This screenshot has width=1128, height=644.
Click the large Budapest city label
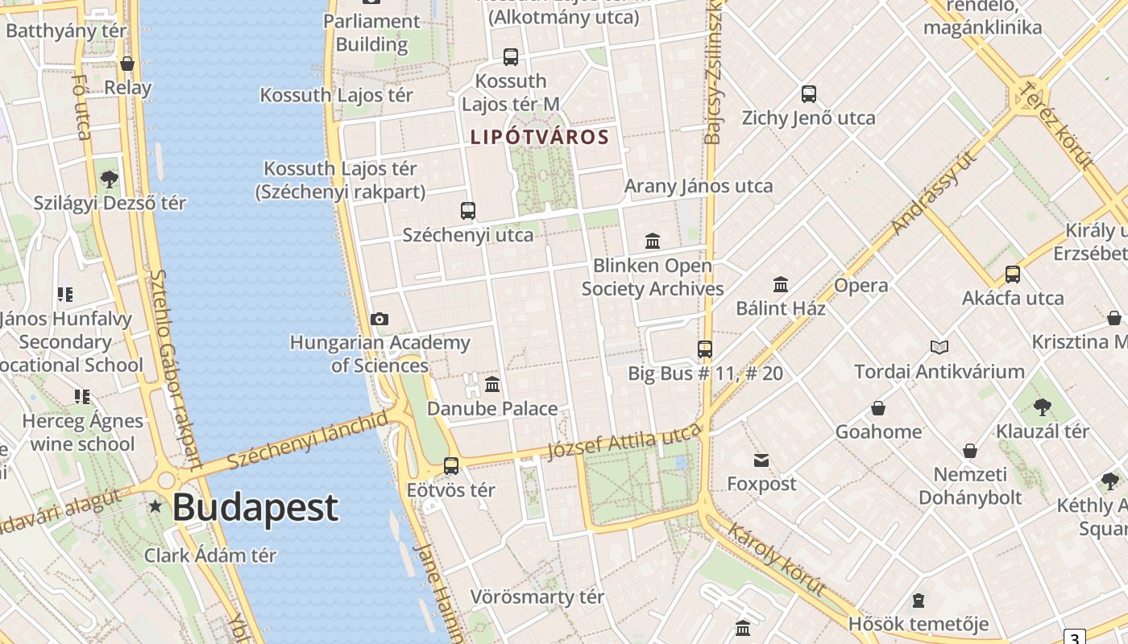[255, 508]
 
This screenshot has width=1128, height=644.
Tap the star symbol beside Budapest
[155, 506]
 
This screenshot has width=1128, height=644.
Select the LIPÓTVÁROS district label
[540, 137]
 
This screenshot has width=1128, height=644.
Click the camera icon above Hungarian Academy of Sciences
[379, 320]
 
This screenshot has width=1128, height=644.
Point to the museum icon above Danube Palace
[492, 384]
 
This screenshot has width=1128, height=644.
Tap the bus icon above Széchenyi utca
[468, 211]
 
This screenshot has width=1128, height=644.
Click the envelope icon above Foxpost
[761, 460]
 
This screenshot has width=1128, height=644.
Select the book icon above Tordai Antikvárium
[939, 348]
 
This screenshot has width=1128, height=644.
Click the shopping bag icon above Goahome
[878, 408]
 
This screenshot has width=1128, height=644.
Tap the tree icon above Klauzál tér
[1043, 407]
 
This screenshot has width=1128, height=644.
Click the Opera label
[861, 285]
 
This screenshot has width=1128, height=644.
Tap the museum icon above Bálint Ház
[781, 284]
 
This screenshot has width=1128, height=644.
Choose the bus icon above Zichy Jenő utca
[809, 94]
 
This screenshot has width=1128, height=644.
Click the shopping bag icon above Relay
[127, 64]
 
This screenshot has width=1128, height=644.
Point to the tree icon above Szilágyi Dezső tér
[110, 179]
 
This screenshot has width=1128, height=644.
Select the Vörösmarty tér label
[537, 597]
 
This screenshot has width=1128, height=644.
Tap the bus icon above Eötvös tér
[451, 465]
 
